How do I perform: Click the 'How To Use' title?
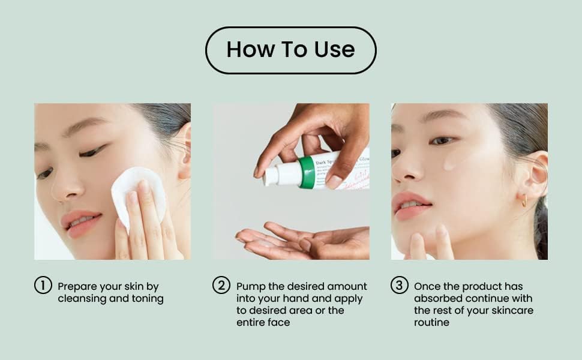click(290, 50)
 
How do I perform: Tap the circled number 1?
click(43, 286)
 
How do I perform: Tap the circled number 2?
click(221, 286)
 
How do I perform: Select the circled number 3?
click(399, 286)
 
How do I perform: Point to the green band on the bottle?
click(307, 173)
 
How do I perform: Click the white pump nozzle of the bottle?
click(274, 175)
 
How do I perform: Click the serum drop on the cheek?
click(449, 163)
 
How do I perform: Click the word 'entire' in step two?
click(251, 323)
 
